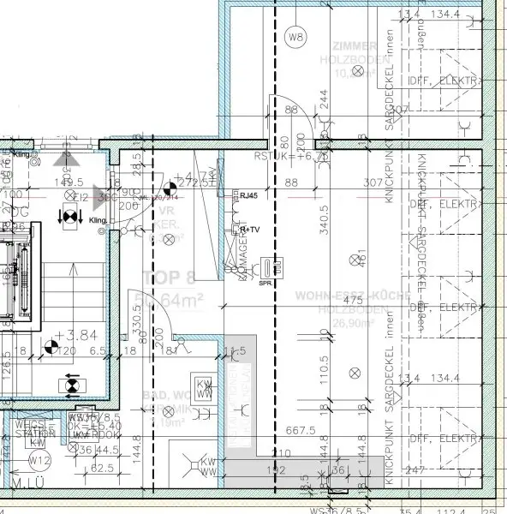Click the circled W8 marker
click(x=295, y=37)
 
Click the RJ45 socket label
click(x=248, y=195)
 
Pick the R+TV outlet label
click(x=250, y=230)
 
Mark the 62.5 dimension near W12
click(x=80, y=469)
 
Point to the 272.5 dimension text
click(x=201, y=182)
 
